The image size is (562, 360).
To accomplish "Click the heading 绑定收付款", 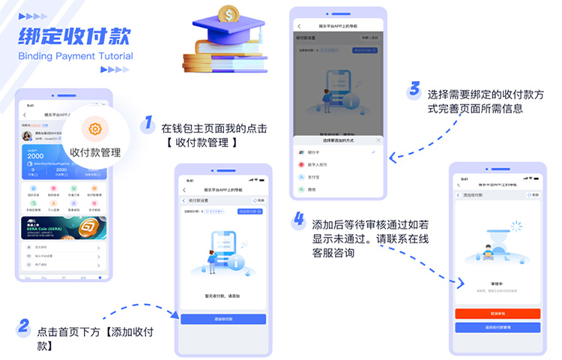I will click(74, 34).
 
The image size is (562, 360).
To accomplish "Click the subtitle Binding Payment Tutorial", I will click(75, 56).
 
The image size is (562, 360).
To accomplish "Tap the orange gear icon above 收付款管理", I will click(95, 129).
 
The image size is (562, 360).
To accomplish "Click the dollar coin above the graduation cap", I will click(227, 13).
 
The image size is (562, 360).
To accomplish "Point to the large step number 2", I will click(24, 325).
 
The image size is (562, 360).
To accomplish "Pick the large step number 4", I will click(299, 220).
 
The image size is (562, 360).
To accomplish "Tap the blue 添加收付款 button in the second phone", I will click(223, 319).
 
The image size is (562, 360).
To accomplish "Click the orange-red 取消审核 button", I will click(497, 313).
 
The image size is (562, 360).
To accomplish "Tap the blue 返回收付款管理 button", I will click(497, 327).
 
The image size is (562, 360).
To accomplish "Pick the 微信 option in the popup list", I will click(315, 189).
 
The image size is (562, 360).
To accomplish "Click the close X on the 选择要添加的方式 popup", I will click(378, 140).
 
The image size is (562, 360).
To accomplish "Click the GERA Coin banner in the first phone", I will click(64, 228).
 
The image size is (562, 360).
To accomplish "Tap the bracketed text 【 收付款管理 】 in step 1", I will click(204, 142).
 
